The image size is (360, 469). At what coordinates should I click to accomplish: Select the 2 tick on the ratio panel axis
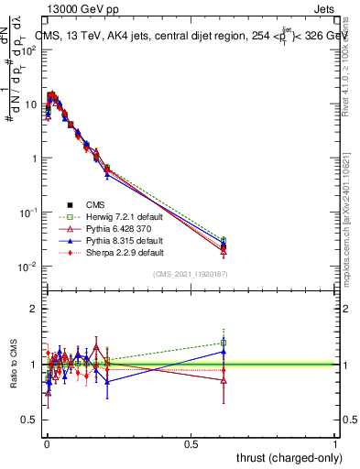pyautogui.click(x=35, y=309)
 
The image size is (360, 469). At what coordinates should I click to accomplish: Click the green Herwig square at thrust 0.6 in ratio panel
pyautogui.click(x=224, y=343)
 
